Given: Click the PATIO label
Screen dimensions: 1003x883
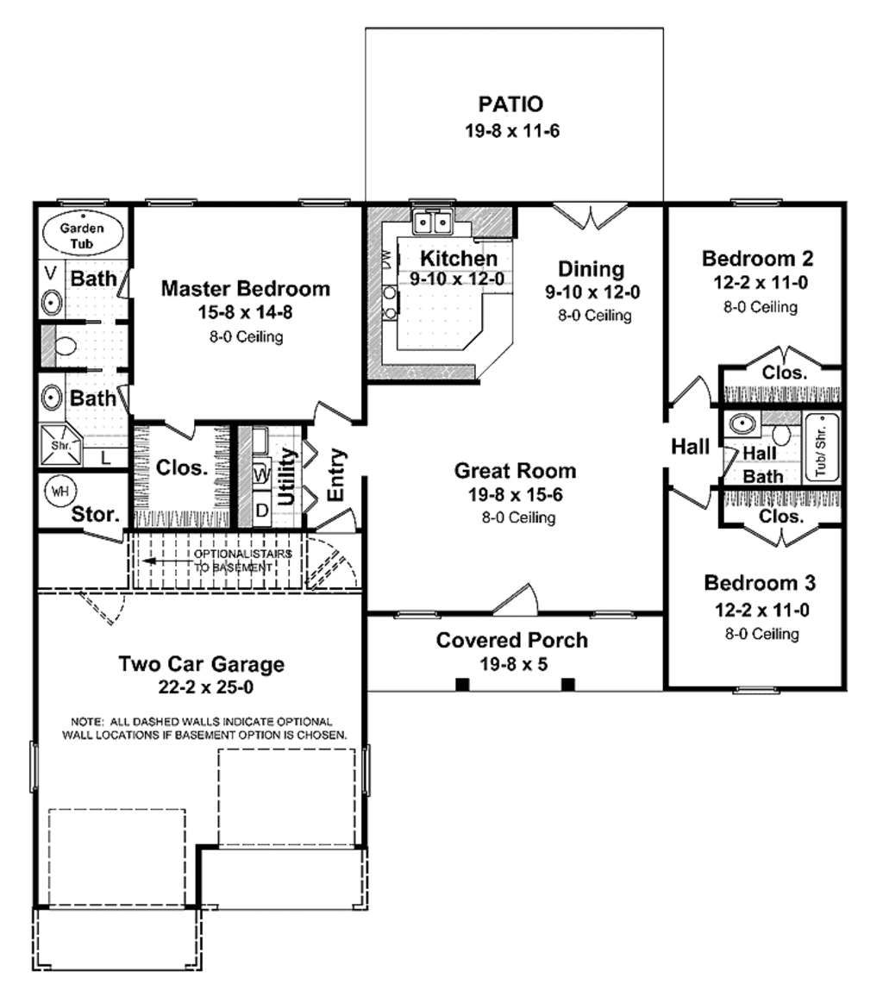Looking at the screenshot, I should pyautogui.click(x=510, y=104).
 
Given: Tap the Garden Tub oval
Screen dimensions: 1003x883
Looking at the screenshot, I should pyautogui.click(x=82, y=235).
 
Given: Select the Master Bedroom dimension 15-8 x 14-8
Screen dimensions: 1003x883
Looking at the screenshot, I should pyautogui.click(x=245, y=313).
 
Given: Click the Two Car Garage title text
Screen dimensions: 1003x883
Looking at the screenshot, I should pyautogui.click(x=201, y=664).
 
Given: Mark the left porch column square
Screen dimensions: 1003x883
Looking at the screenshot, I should pyautogui.click(x=462, y=685).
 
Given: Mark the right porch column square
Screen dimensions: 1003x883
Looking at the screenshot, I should pyautogui.click(x=567, y=685).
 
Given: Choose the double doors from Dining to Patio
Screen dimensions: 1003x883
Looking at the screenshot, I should pyautogui.click(x=590, y=216).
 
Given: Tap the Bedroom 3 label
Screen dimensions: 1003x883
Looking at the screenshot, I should pyautogui.click(x=760, y=582).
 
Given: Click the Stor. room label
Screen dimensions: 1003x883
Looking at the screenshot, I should pyautogui.click(x=94, y=515).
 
